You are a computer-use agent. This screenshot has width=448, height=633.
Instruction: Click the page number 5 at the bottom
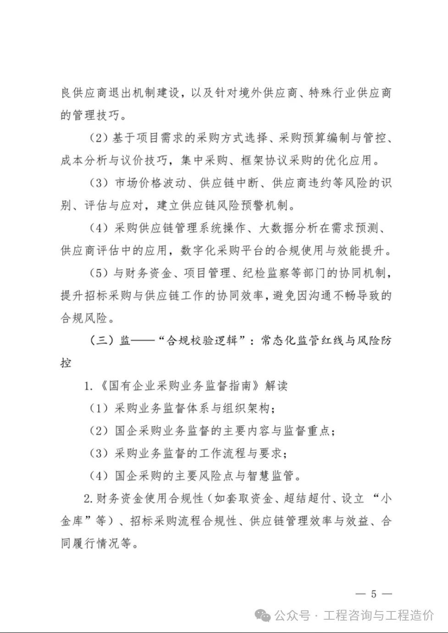pyautogui.click(x=373, y=594)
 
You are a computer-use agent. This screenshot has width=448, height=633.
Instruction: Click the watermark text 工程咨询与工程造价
pyautogui.click(x=378, y=615)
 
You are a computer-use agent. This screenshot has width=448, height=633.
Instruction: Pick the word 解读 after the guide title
pyautogui.click(x=277, y=386)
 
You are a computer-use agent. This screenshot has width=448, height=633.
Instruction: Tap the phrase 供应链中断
pyautogui.click(x=228, y=183)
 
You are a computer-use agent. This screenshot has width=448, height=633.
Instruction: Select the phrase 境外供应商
pyautogui.click(x=262, y=93)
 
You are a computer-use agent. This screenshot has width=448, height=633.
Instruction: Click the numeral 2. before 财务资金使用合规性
pyautogui.click(x=88, y=498)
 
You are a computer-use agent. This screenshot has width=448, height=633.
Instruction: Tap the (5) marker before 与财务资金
pyautogui.click(x=98, y=273)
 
